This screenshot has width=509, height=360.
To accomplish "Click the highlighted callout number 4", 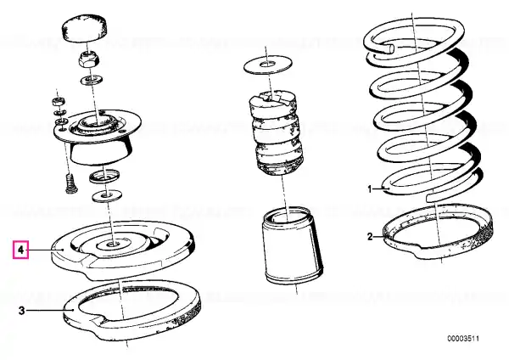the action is [20, 250].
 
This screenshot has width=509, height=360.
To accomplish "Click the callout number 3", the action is [21, 311].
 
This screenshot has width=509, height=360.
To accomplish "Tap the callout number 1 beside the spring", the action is [369, 188].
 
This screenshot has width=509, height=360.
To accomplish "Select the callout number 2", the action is [370, 237].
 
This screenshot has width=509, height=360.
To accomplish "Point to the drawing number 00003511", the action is [463, 339].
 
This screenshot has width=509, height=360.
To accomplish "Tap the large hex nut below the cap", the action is [89, 59].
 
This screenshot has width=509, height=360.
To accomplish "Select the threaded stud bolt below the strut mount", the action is [70, 183].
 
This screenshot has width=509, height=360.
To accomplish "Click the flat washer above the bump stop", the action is [268, 65].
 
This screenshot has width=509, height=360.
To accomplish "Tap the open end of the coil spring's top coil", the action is [391, 48].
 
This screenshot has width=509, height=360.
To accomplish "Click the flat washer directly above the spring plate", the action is [107, 196].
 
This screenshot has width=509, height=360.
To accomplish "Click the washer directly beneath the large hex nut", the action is [92, 79].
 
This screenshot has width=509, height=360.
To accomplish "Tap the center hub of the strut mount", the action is [98, 122].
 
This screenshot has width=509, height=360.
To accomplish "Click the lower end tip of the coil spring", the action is [429, 198].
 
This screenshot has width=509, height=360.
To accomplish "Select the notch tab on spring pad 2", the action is [422, 251].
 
